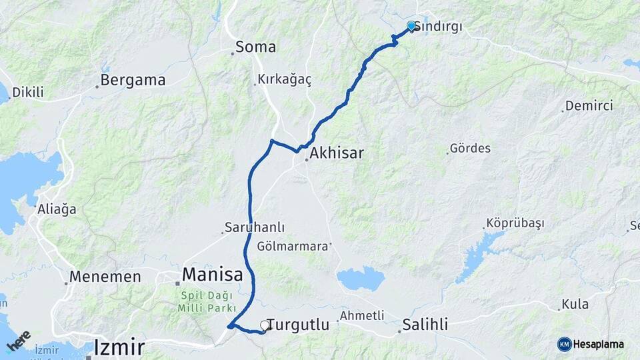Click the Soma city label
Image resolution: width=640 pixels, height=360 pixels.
(256, 47)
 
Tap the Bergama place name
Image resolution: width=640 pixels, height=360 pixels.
(132, 81)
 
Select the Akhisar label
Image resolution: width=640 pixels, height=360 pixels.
(337, 153)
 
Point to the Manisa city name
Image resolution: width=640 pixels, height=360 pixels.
(213, 274)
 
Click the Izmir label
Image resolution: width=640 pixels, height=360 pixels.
(119, 347)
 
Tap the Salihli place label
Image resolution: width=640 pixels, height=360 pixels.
(425, 325)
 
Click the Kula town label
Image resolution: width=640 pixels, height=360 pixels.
(575, 304)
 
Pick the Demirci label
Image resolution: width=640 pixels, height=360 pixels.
(589, 105)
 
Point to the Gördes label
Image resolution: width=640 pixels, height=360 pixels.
(470, 148)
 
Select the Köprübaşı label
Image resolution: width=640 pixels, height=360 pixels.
(515, 223)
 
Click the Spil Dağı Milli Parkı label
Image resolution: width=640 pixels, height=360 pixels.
(207, 302)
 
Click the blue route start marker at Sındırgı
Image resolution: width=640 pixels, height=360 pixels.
(411, 26)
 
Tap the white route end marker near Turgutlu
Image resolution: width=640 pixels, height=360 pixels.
(265, 325)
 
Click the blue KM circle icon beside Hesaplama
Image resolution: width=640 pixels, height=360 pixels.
(565, 344)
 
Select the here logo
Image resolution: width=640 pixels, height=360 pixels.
(19, 341)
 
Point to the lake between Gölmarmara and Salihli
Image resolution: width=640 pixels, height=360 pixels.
(361, 279)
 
